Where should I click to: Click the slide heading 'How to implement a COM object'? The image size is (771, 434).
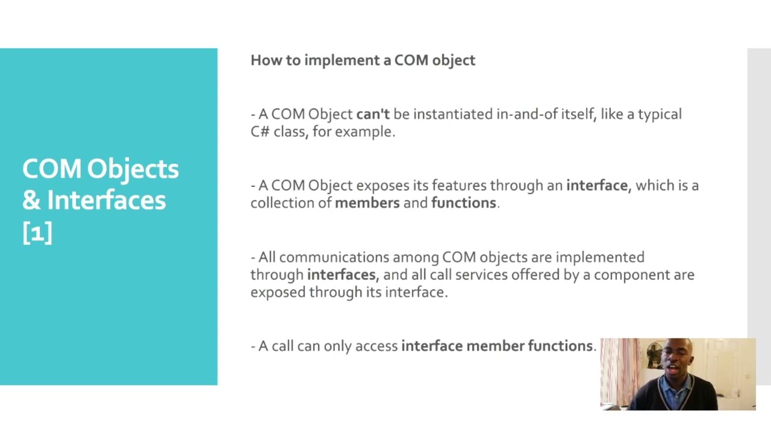363,60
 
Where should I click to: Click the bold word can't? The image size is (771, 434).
373,114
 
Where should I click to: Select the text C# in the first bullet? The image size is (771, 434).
260,131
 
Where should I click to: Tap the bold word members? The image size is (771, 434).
367,203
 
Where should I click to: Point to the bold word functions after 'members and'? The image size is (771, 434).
463,203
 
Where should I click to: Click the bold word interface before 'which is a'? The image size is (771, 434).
596,185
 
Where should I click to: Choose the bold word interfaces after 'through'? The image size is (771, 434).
342,275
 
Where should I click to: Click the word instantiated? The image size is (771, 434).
452,114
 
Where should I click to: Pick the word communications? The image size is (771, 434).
334,257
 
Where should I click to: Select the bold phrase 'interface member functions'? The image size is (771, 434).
497,346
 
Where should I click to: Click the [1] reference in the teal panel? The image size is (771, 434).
37,232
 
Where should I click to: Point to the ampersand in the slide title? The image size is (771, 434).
31,200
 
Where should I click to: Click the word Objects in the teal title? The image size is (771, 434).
133,169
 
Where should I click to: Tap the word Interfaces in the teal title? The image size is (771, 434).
106,200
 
